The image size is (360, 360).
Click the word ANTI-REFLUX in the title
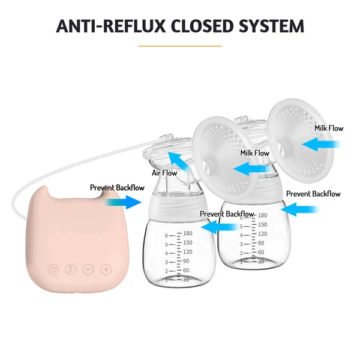click(x=110, y=26)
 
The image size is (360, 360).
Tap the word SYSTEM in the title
click(x=271, y=26)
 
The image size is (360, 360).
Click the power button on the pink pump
click(x=53, y=269)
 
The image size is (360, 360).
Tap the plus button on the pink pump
click(x=106, y=269)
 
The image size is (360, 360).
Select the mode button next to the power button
click(x=71, y=269)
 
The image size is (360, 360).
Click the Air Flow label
click(x=164, y=173)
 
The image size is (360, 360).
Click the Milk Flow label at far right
click(x=329, y=128)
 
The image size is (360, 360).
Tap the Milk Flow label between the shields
click(x=254, y=153)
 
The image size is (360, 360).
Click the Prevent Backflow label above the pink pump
click(x=117, y=188)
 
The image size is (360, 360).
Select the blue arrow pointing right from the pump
click(x=123, y=202)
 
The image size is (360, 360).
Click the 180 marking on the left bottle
click(x=188, y=233)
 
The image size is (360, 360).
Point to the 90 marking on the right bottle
click(x=261, y=243)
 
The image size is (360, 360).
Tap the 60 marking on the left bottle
click(x=186, y=270)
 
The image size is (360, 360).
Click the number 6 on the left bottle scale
click(x=166, y=236)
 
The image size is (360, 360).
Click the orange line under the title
click(x=180, y=46)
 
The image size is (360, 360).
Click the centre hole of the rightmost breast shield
click(x=284, y=146)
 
